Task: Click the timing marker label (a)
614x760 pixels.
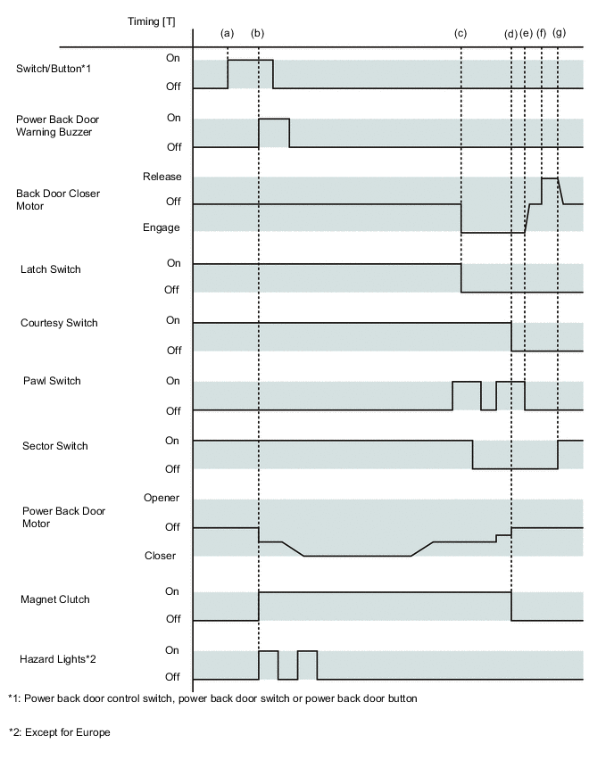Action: pos(227,33)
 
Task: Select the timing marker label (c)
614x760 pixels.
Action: pos(460,33)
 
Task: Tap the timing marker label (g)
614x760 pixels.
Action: pos(559,33)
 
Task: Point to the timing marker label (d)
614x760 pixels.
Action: pos(510,33)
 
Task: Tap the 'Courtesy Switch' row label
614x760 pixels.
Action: pos(59,323)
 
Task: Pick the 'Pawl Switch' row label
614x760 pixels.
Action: pos(53,381)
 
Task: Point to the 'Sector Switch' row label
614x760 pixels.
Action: pos(55,445)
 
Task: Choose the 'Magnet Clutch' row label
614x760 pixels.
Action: pos(55,599)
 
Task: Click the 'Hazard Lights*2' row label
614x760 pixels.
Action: pos(57,659)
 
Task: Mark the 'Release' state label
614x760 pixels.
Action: pos(162,177)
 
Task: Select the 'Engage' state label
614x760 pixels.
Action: pos(162,227)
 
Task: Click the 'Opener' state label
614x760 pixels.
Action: pos(162,498)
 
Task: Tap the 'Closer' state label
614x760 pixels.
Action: pos(161,556)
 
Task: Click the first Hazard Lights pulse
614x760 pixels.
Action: pos(268,665)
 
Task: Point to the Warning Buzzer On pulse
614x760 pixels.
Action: pos(274,132)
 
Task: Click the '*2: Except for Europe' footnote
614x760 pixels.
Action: pos(60,732)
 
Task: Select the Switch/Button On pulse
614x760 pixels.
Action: pos(250,74)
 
